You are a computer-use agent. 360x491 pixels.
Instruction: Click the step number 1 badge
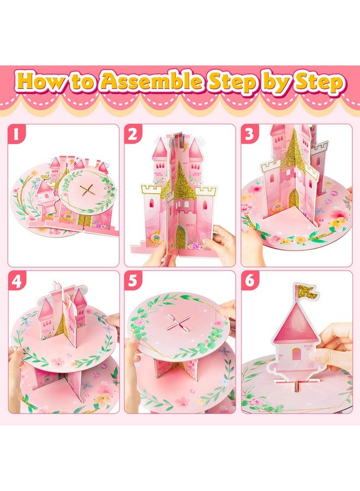17,134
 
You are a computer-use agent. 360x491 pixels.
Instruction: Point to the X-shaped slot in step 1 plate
86,190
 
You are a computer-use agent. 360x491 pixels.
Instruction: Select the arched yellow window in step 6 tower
296,354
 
